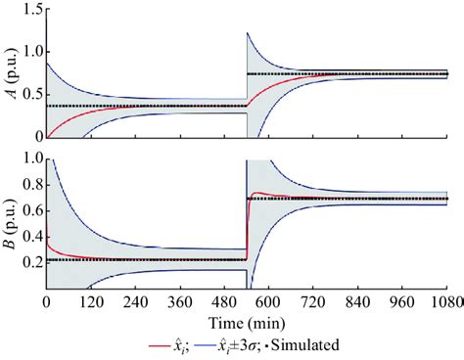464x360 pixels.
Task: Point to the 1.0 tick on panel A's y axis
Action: [26, 51]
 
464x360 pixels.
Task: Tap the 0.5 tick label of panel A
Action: [26, 94]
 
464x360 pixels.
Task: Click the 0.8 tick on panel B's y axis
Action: [26, 184]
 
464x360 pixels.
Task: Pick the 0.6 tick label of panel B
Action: [26, 210]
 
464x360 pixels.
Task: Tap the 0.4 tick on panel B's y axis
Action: [26, 236]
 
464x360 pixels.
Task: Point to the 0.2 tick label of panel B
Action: [26, 262]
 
